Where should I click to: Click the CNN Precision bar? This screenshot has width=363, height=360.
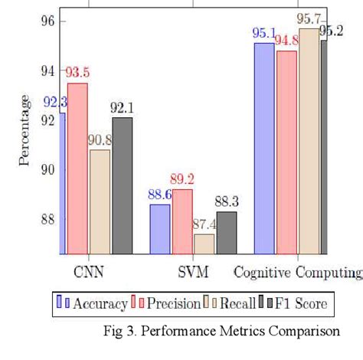[x=77, y=169]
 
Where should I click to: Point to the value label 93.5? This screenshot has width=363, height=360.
[x=77, y=73]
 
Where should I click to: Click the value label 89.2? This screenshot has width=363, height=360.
[x=182, y=179]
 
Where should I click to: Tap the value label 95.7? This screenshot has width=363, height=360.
[x=309, y=18]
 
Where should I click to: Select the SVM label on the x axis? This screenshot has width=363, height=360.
[x=193, y=272]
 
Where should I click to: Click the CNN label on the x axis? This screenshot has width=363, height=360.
[x=88, y=272]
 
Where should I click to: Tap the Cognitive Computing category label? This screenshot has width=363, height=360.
[x=297, y=273]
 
